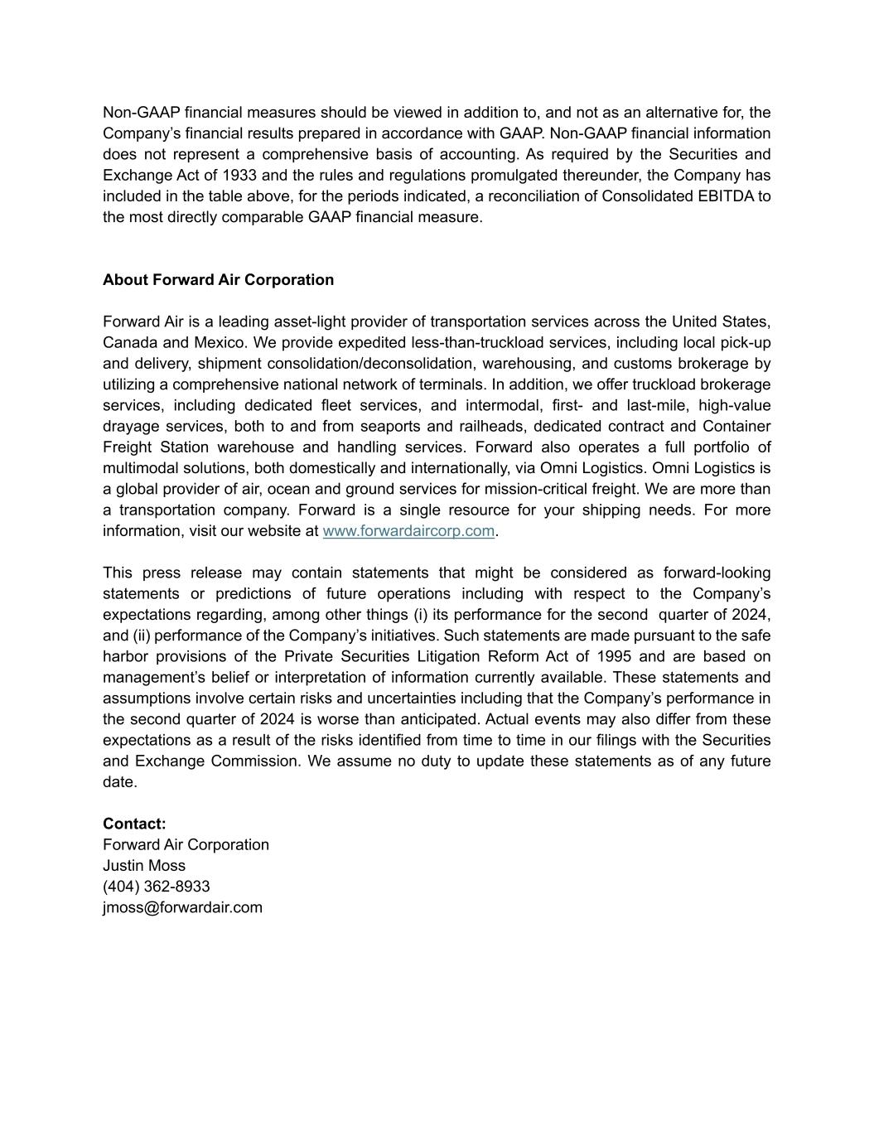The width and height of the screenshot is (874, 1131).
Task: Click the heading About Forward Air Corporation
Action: point(218,279)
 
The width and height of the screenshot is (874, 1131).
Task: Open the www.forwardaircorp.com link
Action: point(408,530)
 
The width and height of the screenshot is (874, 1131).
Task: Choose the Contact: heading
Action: point(134,824)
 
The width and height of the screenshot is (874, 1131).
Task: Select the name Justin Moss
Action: point(144,865)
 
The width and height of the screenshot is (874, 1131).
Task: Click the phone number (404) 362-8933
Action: point(156,886)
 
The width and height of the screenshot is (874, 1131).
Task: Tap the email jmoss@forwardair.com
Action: point(182,907)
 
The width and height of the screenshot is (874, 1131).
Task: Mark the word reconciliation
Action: point(539,196)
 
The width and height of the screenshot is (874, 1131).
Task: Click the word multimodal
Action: point(139,468)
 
